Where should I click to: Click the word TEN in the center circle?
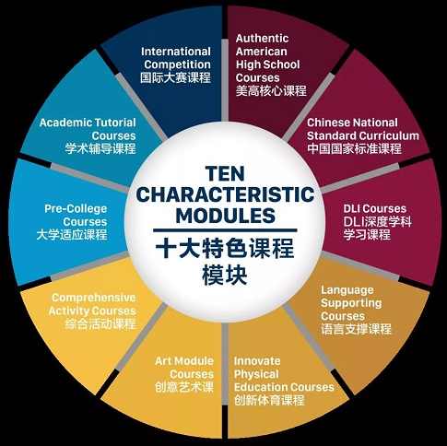(x=226, y=173)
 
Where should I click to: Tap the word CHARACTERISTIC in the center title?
(x=225, y=194)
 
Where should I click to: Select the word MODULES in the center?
(x=225, y=216)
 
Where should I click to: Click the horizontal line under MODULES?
(x=225, y=230)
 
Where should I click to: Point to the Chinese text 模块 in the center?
(x=225, y=276)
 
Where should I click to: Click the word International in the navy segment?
(x=176, y=52)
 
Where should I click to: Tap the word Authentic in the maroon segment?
(x=262, y=39)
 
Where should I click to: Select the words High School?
(x=267, y=65)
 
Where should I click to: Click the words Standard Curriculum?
(x=363, y=135)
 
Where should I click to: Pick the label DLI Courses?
(x=375, y=208)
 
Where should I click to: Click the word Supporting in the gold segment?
(x=351, y=303)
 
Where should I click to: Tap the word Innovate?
(x=257, y=361)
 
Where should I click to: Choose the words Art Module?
(x=184, y=361)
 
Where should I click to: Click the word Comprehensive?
(x=94, y=298)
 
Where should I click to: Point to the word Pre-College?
(x=76, y=209)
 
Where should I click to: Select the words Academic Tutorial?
(x=88, y=123)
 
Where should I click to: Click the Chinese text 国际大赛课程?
(x=176, y=77)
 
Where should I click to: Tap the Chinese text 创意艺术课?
(x=184, y=387)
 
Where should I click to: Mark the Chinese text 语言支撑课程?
(x=357, y=329)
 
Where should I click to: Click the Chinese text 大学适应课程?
(x=72, y=235)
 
